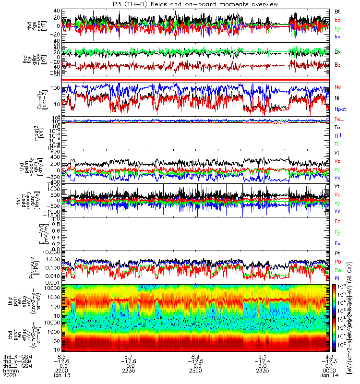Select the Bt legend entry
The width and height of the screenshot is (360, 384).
(x=337, y=11)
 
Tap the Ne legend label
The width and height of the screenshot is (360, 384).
(x=337, y=87)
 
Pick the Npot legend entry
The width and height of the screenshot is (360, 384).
(x=339, y=109)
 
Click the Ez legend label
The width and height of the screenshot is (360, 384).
(x=337, y=222)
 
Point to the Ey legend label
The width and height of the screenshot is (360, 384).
(x=337, y=233)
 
